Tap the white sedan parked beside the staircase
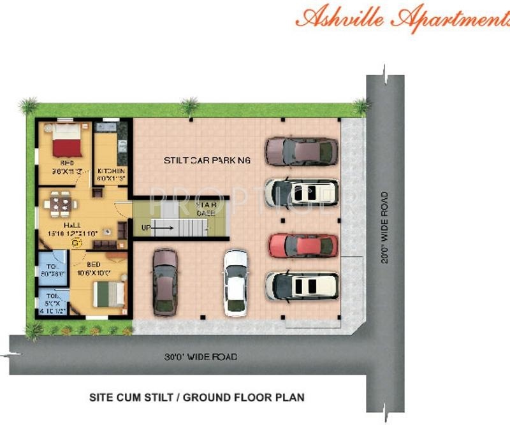(235, 282)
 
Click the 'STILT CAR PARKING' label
(207, 160)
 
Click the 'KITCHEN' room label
(111, 171)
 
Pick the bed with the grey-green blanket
(108, 293)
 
